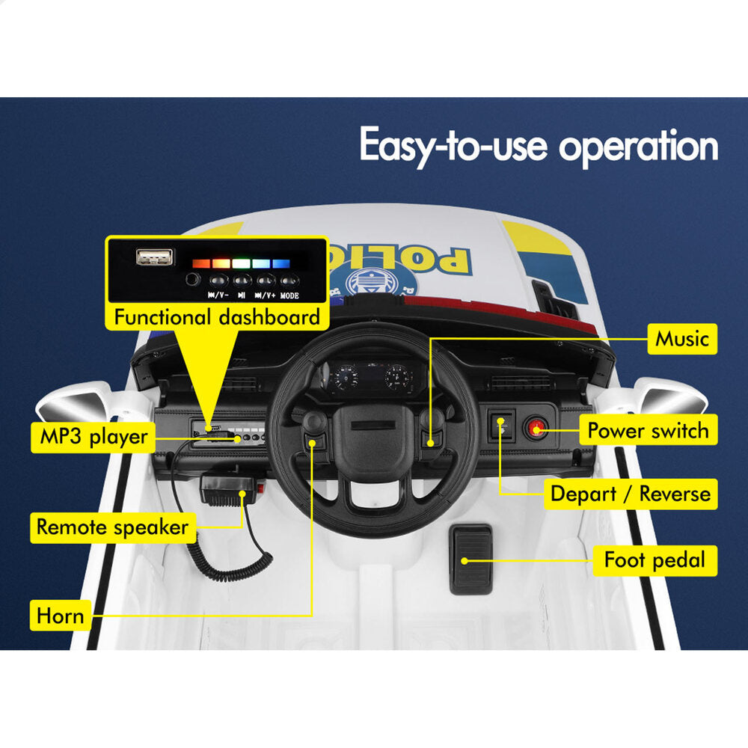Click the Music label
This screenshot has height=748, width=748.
(681, 339)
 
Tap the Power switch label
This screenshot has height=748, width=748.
(648, 430)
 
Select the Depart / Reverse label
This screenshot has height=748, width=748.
(630, 494)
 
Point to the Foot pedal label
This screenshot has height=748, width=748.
(654, 560)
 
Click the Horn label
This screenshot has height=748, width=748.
(60, 616)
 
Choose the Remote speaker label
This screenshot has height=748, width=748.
(113, 527)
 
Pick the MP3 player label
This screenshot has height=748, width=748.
(93, 437)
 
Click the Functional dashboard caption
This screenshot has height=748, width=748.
(217, 316)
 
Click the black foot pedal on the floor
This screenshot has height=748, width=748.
(470, 560)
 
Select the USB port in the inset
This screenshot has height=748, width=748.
(155, 257)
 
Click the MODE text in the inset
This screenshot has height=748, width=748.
(289, 295)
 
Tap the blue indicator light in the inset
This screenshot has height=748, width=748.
(281, 263)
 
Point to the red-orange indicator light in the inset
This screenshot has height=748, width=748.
(200, 263)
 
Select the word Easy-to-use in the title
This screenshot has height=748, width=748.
(453, 146)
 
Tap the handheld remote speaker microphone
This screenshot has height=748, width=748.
(233, 489)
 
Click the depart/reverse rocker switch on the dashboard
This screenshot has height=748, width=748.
(503, 426)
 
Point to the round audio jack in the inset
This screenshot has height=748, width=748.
(192, 279)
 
